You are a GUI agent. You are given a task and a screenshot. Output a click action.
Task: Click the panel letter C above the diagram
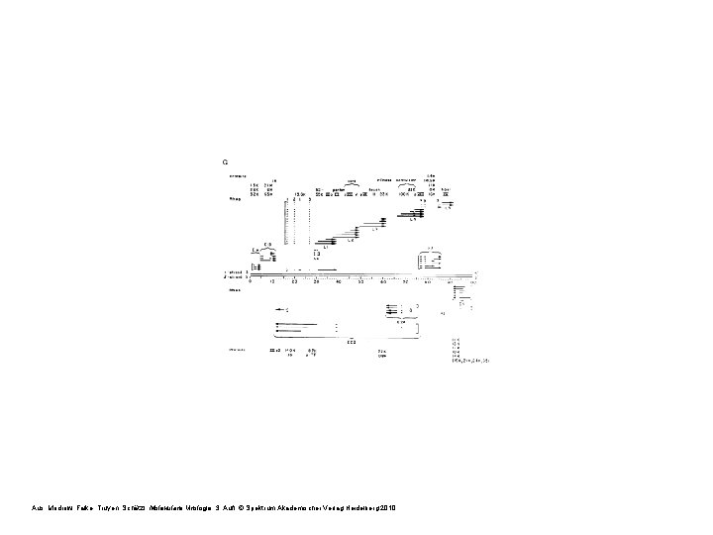(226, 160)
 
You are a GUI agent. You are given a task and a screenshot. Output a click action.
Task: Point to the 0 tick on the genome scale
(249, 282)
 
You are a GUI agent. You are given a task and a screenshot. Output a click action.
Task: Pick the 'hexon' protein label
(374, 189)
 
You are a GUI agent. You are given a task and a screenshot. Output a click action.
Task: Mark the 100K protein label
(403, 194)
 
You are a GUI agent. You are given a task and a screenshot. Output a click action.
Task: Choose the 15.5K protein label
(272, 194)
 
